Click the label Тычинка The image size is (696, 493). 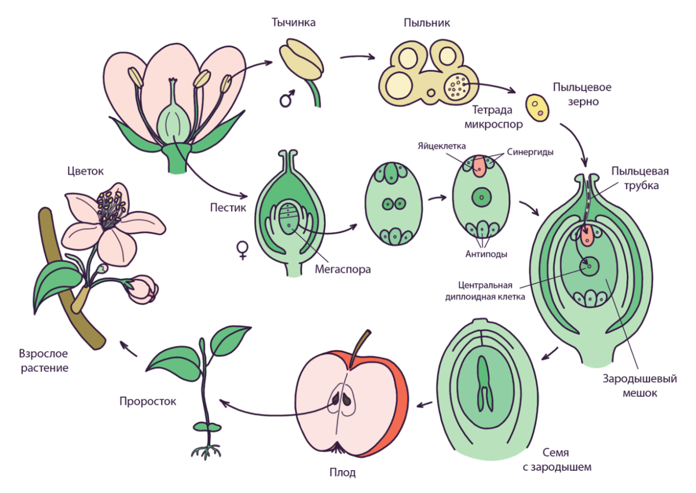pos(293,23)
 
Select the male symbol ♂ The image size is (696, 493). pos(286,100)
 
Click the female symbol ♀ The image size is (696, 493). pos(243,250)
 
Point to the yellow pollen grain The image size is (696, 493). pos(537,107)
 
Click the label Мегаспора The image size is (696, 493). pos(342,269)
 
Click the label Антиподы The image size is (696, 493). pos(486,254)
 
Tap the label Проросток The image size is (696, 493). pos(148,401)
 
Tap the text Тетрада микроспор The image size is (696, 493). pos(497,117)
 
